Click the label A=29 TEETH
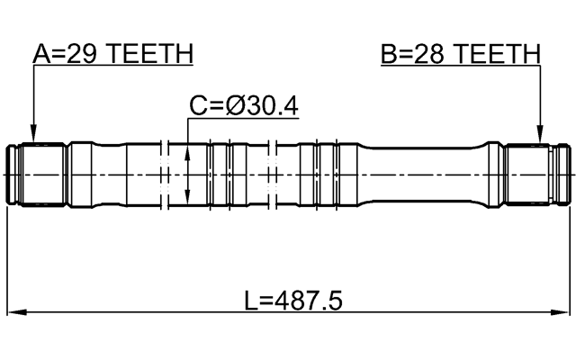click(x=112, y=55)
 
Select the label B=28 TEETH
click(x=460, y=55)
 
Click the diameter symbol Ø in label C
click(x=236, y=107)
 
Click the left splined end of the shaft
click(x=36, y=174)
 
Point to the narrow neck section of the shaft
click(x=423, y=174)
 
